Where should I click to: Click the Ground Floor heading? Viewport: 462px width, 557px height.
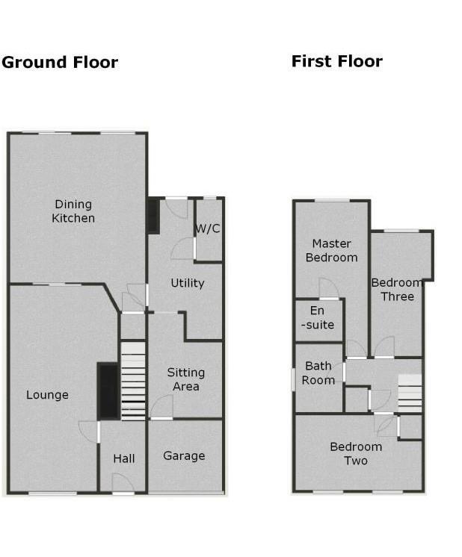pyautogui.click(x=60, y=62)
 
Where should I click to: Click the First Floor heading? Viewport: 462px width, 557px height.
pyautogui.click(x=336, y=61)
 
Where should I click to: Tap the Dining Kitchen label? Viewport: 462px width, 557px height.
pyautogui.click(x=73, y=211)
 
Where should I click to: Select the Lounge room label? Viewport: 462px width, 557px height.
pyautogui.click(x=47, y=395)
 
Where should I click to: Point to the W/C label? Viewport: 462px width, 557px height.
pyautogui.click(x=208, y=228)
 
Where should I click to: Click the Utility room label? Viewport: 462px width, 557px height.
pyautogui.click(x=187, y=283)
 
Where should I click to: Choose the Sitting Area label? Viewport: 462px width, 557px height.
pyautogui.click(x=185, y=379)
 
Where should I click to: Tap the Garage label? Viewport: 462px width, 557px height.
pyautogui.click(x=184, y=455)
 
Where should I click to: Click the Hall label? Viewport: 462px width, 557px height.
pyautogui.click(x=124, y=458)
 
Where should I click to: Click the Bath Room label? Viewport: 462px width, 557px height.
pyautogui.click(x=318, y=373)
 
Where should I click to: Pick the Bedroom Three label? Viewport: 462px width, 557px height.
pyautogui.click(x=397, y=290)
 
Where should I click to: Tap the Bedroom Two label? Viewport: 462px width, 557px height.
pyautogui.click(x=356, y=453)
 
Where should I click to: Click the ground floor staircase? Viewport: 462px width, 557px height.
pyautogui.click(x=133, y=381)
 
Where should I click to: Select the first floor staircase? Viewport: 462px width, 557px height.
pyautogui.click(x=410, y=393)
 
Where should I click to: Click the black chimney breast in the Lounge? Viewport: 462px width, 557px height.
pyautogui.click(x=108, y=390)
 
